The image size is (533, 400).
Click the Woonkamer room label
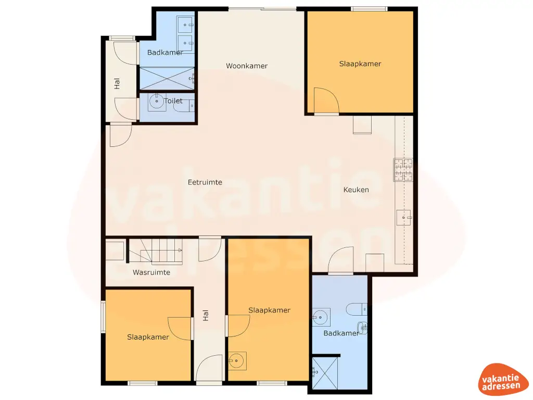(247, 66)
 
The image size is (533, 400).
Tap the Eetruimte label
(205, 182)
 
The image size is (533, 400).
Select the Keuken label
(356, 190)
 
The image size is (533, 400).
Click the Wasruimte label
(151, 272)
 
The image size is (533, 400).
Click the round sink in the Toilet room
(157, 102)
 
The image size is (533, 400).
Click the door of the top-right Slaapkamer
(326, 101)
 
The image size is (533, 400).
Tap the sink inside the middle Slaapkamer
(237, 360)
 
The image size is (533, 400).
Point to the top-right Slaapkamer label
(360, 64)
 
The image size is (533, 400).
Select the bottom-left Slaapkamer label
(148, 337)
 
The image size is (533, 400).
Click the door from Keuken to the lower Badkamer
(341, 260)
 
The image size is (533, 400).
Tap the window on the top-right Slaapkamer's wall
(369, 8)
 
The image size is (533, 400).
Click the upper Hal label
(117, 83)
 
